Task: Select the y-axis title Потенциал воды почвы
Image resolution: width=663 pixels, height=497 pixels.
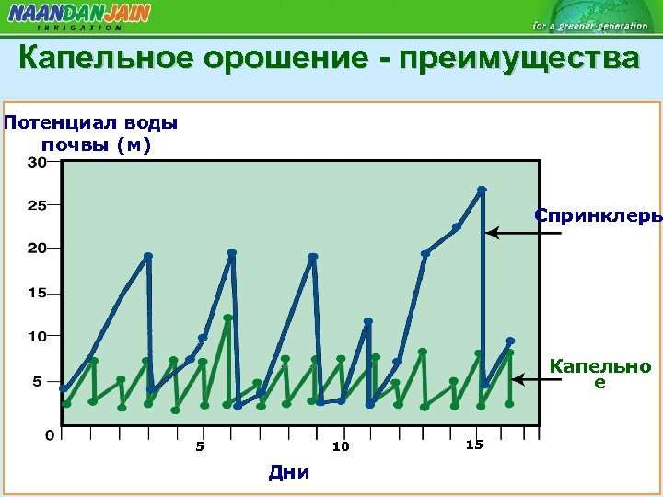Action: coord(91,133)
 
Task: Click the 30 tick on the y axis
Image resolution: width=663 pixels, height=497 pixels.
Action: coord(37,163)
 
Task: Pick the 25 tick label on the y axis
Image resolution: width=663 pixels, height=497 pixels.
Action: coord(37,205)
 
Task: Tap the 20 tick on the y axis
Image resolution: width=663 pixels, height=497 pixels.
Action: coord(37,248)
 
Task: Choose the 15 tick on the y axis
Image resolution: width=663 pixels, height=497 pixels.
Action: coord(37,294)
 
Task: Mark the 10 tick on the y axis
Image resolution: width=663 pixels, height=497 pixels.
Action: coord(37,336)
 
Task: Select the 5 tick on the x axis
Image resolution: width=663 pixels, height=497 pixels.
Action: coord(199,447)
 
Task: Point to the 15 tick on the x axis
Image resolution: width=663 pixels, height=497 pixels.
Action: coord(474,445)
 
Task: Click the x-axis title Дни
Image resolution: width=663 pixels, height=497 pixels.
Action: coord(288,473)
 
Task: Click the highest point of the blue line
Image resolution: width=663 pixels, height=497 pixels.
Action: coord(482,191)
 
